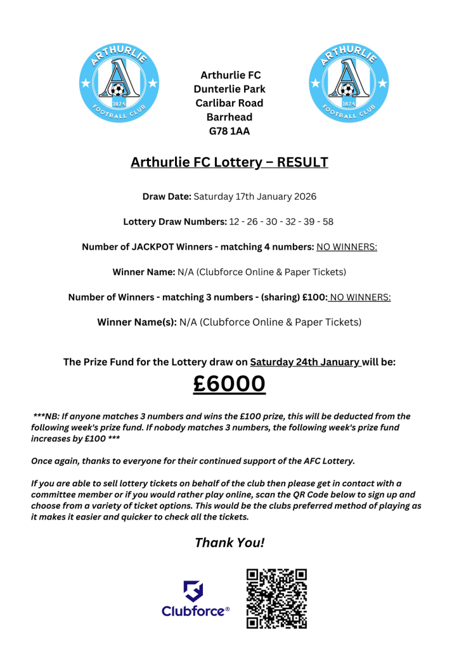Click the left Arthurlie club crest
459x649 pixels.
[119, 84]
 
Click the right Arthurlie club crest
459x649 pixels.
[347, 84]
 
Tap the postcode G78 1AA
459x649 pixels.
[229, 131]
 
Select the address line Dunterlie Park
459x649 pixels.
[229, 89]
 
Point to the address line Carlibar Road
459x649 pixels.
[229, 103]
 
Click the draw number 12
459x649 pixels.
[235, 222]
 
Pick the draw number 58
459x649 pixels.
[328, 222]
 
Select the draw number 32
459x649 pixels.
[290, 222]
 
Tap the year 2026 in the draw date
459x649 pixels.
[304, 196]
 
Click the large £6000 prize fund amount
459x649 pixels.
[229, 384]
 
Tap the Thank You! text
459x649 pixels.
[229, 543]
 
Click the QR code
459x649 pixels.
[276, 598]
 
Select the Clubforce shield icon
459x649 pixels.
[193, 591]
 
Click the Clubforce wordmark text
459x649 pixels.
[193, 612]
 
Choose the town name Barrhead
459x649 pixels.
[229, 117]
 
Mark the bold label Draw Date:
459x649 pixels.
[167, 196]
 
